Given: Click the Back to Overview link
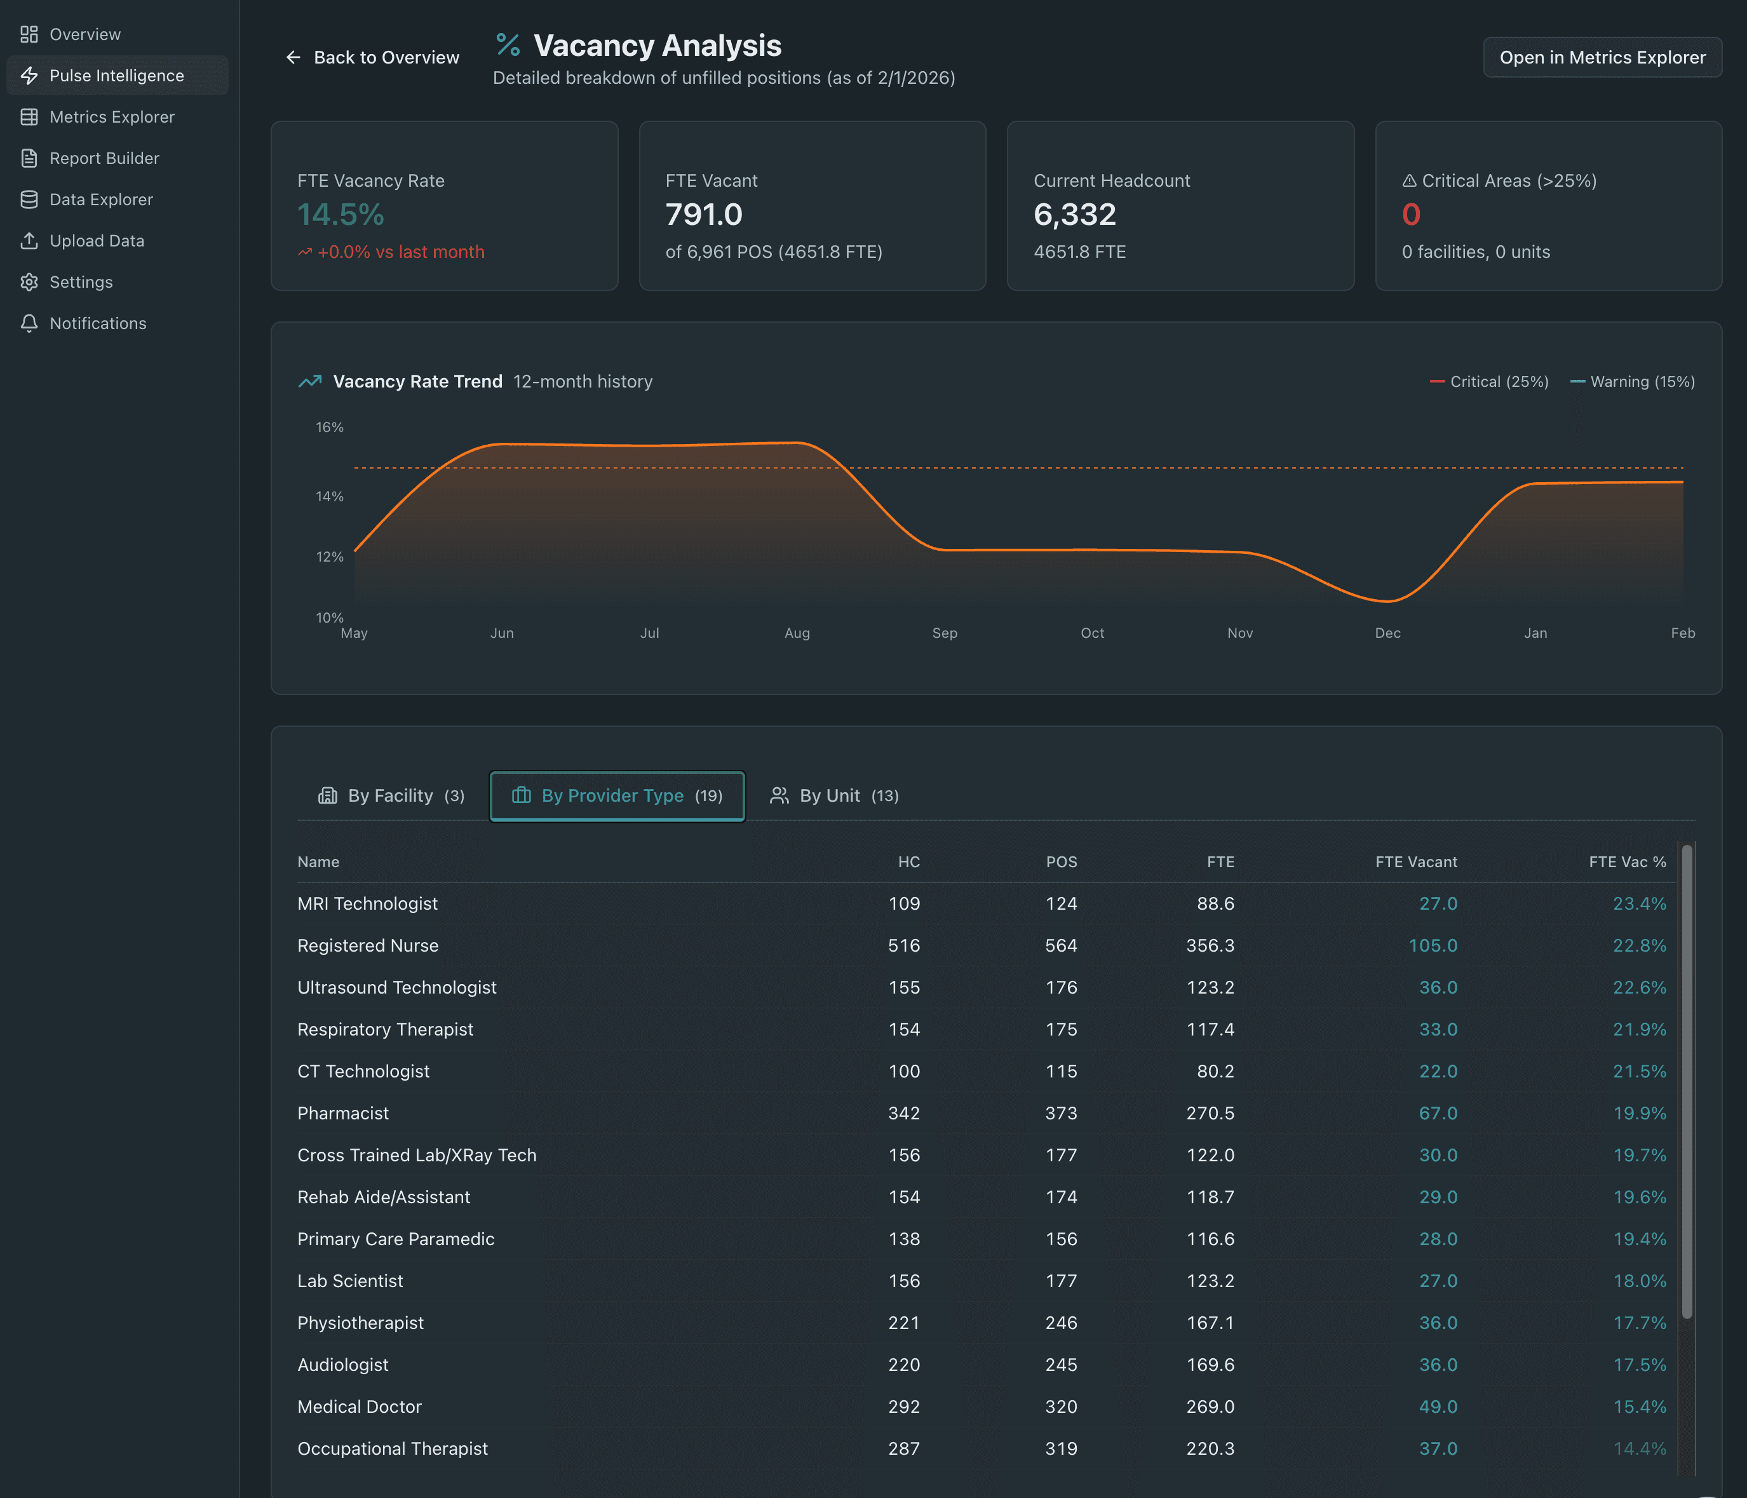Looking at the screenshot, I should [373, 57].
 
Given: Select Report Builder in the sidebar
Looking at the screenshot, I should [104, 158].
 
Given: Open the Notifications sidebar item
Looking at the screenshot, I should [98, 324].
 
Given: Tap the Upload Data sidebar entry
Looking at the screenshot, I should [96, 241].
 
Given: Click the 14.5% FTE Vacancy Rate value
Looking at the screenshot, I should [341, 215].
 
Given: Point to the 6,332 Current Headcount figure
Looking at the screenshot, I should [1074, 215].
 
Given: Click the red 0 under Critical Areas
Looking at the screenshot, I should [1410, 215].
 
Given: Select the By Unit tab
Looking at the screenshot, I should [835, 796].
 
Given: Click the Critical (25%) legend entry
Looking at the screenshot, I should [1489, 382].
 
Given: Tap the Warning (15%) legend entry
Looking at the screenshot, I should [1632, 382].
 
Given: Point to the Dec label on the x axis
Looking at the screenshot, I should [1387, 633].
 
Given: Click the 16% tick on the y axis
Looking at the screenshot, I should [330, 428].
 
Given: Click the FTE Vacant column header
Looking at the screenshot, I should [1415, 861].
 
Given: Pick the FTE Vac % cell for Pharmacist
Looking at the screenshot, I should [1639, 1113].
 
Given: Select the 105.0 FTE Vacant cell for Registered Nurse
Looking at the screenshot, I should [1433, 946].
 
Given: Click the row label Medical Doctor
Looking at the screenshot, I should [359, 1407].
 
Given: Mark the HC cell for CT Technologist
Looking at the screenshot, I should [904, 1072].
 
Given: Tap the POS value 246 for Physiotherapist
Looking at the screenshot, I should [1061, 1323].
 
